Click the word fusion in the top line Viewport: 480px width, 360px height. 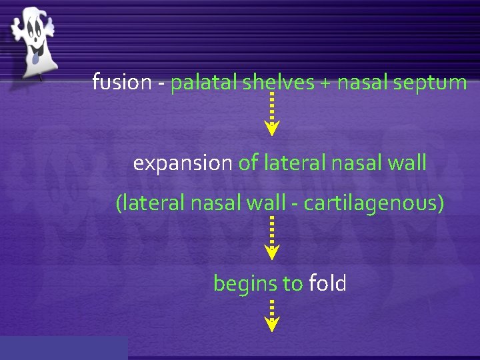[x=122, y=83]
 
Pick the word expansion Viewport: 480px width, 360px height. [x=183, y=163]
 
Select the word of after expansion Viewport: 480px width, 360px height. [x=249, y=163]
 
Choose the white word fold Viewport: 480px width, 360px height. [x=327, y=283]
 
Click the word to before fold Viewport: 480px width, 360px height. [x=292, y=284]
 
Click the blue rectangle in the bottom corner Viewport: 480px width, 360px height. [x=63, y=348]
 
